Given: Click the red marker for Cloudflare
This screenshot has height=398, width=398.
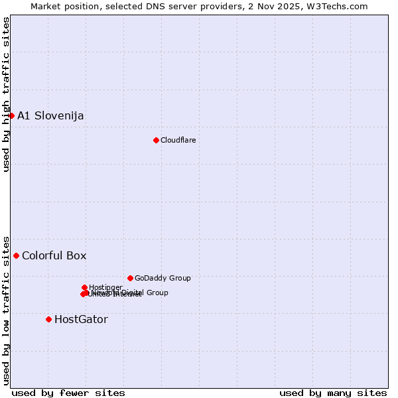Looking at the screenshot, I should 156,140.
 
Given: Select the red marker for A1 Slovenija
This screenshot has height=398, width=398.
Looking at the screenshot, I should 11,115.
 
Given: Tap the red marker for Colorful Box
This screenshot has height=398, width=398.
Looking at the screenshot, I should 16,255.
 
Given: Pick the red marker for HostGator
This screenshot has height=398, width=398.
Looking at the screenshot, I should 48,319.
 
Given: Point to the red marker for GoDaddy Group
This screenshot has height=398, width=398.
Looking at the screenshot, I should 130,278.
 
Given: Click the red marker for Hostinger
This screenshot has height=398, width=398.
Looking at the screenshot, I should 84,287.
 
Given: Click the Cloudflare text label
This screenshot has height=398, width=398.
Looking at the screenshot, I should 178,140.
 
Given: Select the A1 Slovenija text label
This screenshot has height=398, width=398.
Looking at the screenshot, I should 50,116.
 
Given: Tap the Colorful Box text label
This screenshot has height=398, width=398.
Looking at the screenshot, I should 54,256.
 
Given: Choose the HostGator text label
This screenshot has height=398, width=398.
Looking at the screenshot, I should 81,320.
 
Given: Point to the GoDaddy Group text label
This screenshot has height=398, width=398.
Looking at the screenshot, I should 163,279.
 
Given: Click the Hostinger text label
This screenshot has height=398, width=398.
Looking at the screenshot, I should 105,287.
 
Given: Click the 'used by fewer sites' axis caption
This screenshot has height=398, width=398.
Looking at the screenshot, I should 68,393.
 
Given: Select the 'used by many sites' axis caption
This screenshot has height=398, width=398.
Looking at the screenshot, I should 333,393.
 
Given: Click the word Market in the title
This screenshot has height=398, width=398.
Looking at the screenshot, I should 48,6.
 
